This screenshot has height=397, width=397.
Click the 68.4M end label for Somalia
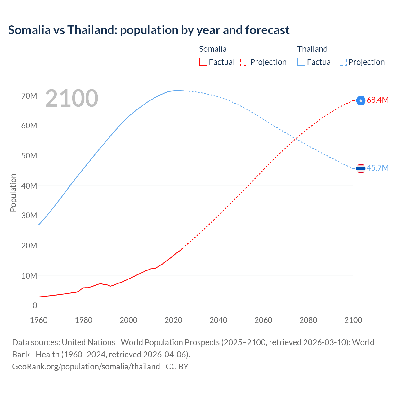tap(377, 100)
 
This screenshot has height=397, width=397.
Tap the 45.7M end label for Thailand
tap(377, 168)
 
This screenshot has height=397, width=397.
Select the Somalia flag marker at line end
tap(361, 100)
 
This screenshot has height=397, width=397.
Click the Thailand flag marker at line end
tap(361, 168)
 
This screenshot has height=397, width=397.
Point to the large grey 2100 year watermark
tap(72, 98)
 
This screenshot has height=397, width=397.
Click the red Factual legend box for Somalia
tap(203, 62)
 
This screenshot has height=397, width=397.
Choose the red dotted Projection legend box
tap(244, 62)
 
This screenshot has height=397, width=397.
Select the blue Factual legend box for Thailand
tap(301, 62)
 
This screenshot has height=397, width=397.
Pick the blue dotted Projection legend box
tap(343, 62)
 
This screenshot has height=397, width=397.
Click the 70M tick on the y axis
tap(29, 96)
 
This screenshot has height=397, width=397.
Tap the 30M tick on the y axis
tap(29, 216)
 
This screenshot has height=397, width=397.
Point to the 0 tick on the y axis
tap(35, 306)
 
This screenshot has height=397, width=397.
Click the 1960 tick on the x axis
tap(39, 320)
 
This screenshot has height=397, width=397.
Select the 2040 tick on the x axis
tap(218, 320)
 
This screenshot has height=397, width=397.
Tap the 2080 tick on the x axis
tap(308, 320)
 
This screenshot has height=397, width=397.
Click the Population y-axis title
tap(13, 193)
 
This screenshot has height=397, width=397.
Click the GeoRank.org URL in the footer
tap(86, 367)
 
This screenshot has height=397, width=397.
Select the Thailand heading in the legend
tap(312, 49)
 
